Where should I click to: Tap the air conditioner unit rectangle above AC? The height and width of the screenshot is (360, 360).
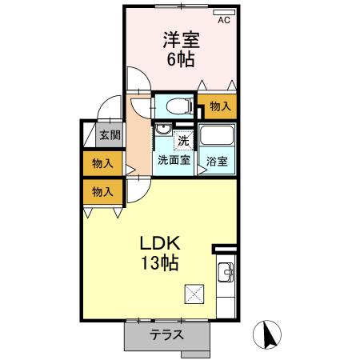coord(223,12)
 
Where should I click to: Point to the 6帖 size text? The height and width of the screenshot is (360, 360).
coord(182,58)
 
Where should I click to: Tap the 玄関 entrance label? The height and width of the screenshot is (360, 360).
coord(108,135)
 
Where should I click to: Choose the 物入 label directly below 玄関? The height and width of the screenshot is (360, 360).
coord(102,163)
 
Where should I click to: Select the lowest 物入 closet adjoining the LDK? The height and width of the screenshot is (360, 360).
coord(102,191)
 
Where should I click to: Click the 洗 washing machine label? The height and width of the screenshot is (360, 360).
coord(183,140)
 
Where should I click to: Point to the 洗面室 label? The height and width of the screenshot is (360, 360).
coord(173,159)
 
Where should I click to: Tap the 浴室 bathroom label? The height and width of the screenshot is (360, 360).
coord(217,160)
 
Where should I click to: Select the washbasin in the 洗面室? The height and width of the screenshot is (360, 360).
coord(162,132)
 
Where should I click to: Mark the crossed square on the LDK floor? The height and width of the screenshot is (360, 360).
coord(195,294)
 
